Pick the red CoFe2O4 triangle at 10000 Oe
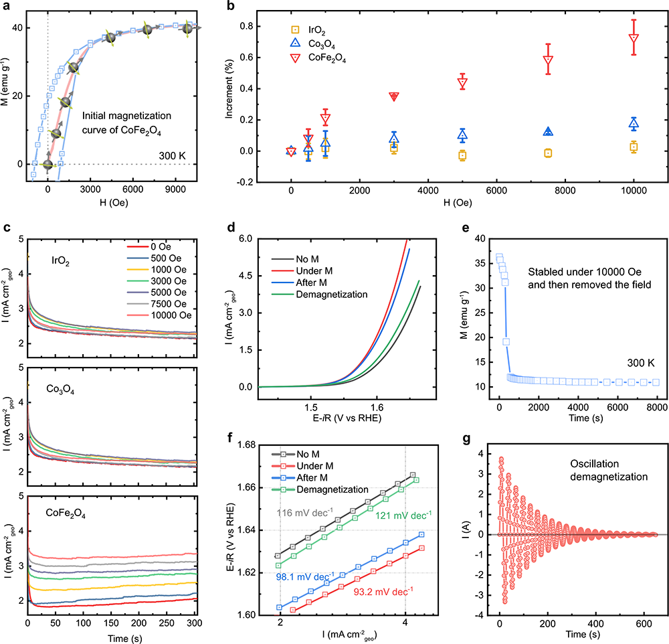pos(633,39)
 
